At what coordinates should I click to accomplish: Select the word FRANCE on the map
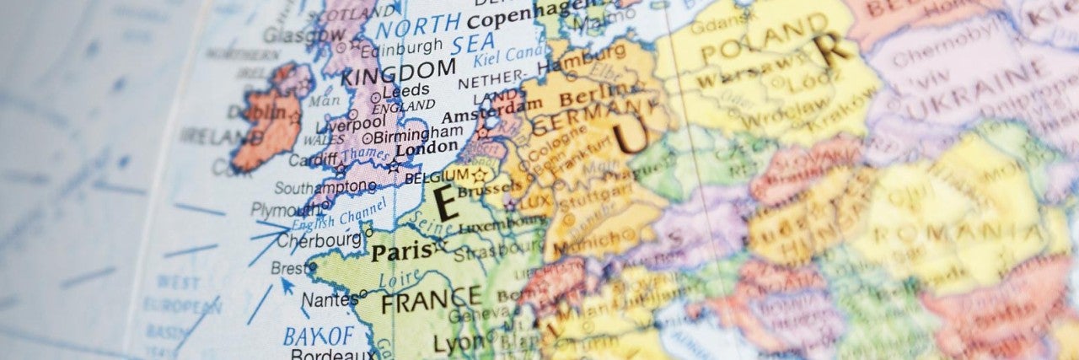click(432, 298)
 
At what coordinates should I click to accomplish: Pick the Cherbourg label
click(319, 240)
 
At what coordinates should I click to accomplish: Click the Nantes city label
click(330, 299)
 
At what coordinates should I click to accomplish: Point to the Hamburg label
click(581, 62)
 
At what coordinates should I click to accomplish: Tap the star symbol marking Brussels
click(480, 175)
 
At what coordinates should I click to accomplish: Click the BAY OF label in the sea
click(319, 335)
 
